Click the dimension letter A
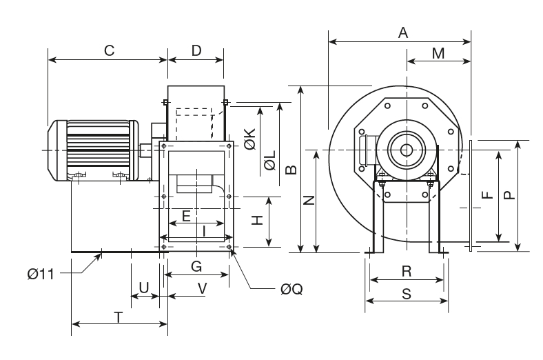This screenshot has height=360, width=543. coord(404,32)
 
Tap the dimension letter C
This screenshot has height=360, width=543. coord(108,50)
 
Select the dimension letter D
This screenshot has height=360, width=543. coord(196,50)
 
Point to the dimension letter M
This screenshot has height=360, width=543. coord(438,53)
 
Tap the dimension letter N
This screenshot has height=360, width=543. coord(309,200)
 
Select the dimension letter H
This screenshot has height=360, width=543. coord(256,220)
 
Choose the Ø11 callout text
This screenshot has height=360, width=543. coord(42,274)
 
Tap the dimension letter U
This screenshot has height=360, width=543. coord(143,286)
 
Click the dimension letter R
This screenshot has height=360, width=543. coord(407,271)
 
